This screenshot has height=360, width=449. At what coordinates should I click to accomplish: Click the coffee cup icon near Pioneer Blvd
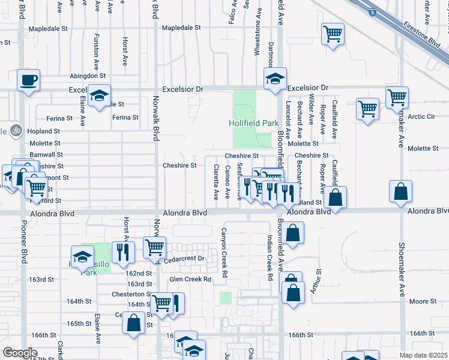[x=28, y=80]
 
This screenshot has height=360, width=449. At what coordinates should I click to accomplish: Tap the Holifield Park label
[x=254, y=123]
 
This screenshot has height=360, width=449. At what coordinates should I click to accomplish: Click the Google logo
[x=20, y=353]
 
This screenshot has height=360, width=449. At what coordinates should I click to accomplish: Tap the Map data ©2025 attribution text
[x=423, y=355]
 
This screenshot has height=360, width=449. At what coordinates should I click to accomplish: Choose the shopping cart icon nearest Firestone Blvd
[x=333, y=34]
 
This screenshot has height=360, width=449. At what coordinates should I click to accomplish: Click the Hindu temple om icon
[x=16, y=130]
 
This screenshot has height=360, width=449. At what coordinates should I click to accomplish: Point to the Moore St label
[x=423, y=301]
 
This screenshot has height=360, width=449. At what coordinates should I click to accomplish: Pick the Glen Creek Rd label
[x=190, y=279]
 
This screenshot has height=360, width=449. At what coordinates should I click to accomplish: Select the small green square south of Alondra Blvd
[x=225, y=298]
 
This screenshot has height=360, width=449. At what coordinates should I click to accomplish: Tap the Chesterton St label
[x=131, y=294]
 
